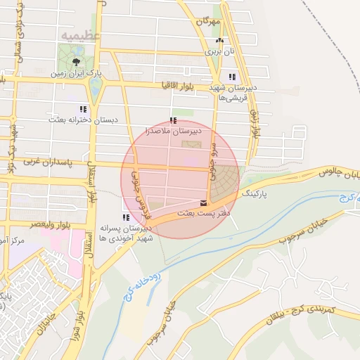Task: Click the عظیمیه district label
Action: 81,35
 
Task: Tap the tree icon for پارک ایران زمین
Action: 76,62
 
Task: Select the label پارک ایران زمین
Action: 77,72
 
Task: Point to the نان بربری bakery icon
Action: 219,41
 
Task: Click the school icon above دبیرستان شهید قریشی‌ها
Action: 232,77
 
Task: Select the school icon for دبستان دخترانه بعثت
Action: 83,109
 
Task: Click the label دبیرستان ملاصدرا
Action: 173,131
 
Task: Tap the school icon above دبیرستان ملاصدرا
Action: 173,121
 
